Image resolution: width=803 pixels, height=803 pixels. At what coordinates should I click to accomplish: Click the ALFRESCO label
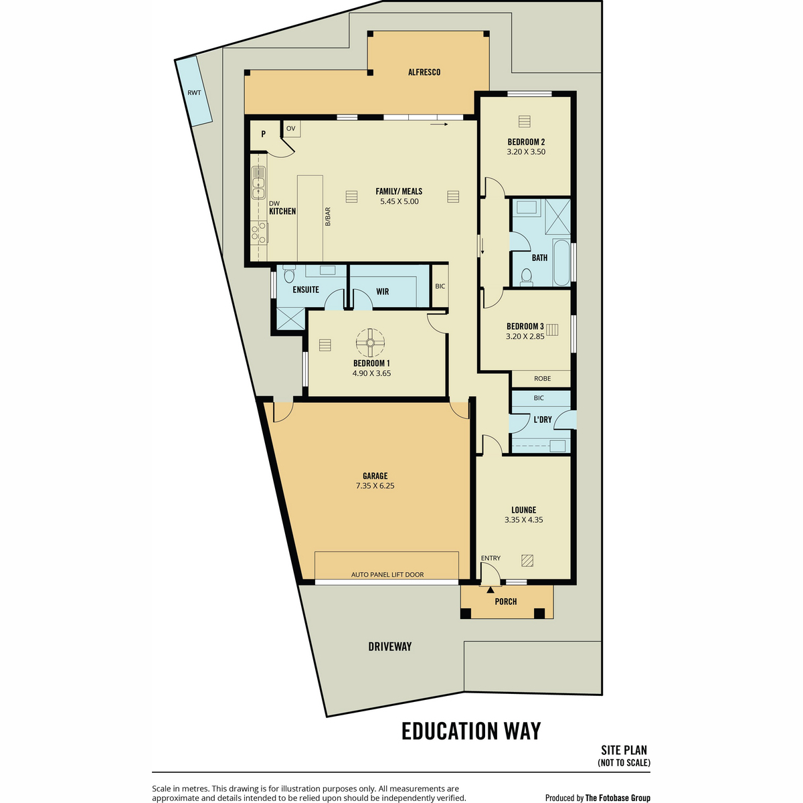coord(424,72)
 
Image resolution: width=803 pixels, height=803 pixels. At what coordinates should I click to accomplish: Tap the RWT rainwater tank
coord(193,92)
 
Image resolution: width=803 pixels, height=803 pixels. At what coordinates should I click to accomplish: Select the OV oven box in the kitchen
coord(291,128)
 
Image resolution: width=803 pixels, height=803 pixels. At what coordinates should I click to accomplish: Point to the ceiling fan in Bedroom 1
coord(370,343)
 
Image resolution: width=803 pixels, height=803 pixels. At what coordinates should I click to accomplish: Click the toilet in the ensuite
coord(289,274)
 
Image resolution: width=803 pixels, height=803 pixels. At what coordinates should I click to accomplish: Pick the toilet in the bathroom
coord(527,277)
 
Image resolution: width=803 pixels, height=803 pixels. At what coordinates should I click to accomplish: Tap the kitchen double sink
coord(258,183)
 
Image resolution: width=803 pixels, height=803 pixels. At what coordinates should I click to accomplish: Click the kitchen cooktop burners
coord(259,232)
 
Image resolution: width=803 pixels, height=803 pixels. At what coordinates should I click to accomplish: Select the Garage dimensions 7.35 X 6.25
coord(375,485)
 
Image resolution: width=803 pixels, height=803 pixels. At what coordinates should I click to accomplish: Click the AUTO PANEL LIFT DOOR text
coord(387,575)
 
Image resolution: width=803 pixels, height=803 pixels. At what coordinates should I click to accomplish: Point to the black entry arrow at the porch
coord(490,590)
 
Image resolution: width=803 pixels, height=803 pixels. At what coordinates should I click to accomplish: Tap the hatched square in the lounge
coord(527,561)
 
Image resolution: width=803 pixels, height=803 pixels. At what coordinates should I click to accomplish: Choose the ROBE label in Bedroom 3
coord(542,378)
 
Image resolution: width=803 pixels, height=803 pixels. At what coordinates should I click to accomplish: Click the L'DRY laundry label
coord(543,420)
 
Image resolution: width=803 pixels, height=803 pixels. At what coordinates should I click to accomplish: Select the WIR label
coord(383,292)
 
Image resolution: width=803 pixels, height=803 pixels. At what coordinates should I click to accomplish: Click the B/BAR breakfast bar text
coord(328,217)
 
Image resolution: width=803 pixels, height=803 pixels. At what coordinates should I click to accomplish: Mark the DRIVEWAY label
coord(389,646)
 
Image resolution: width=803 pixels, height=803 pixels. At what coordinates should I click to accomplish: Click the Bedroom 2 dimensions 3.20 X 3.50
coord(526,152)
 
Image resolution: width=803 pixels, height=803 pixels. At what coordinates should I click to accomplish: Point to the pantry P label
coord(264,135)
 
